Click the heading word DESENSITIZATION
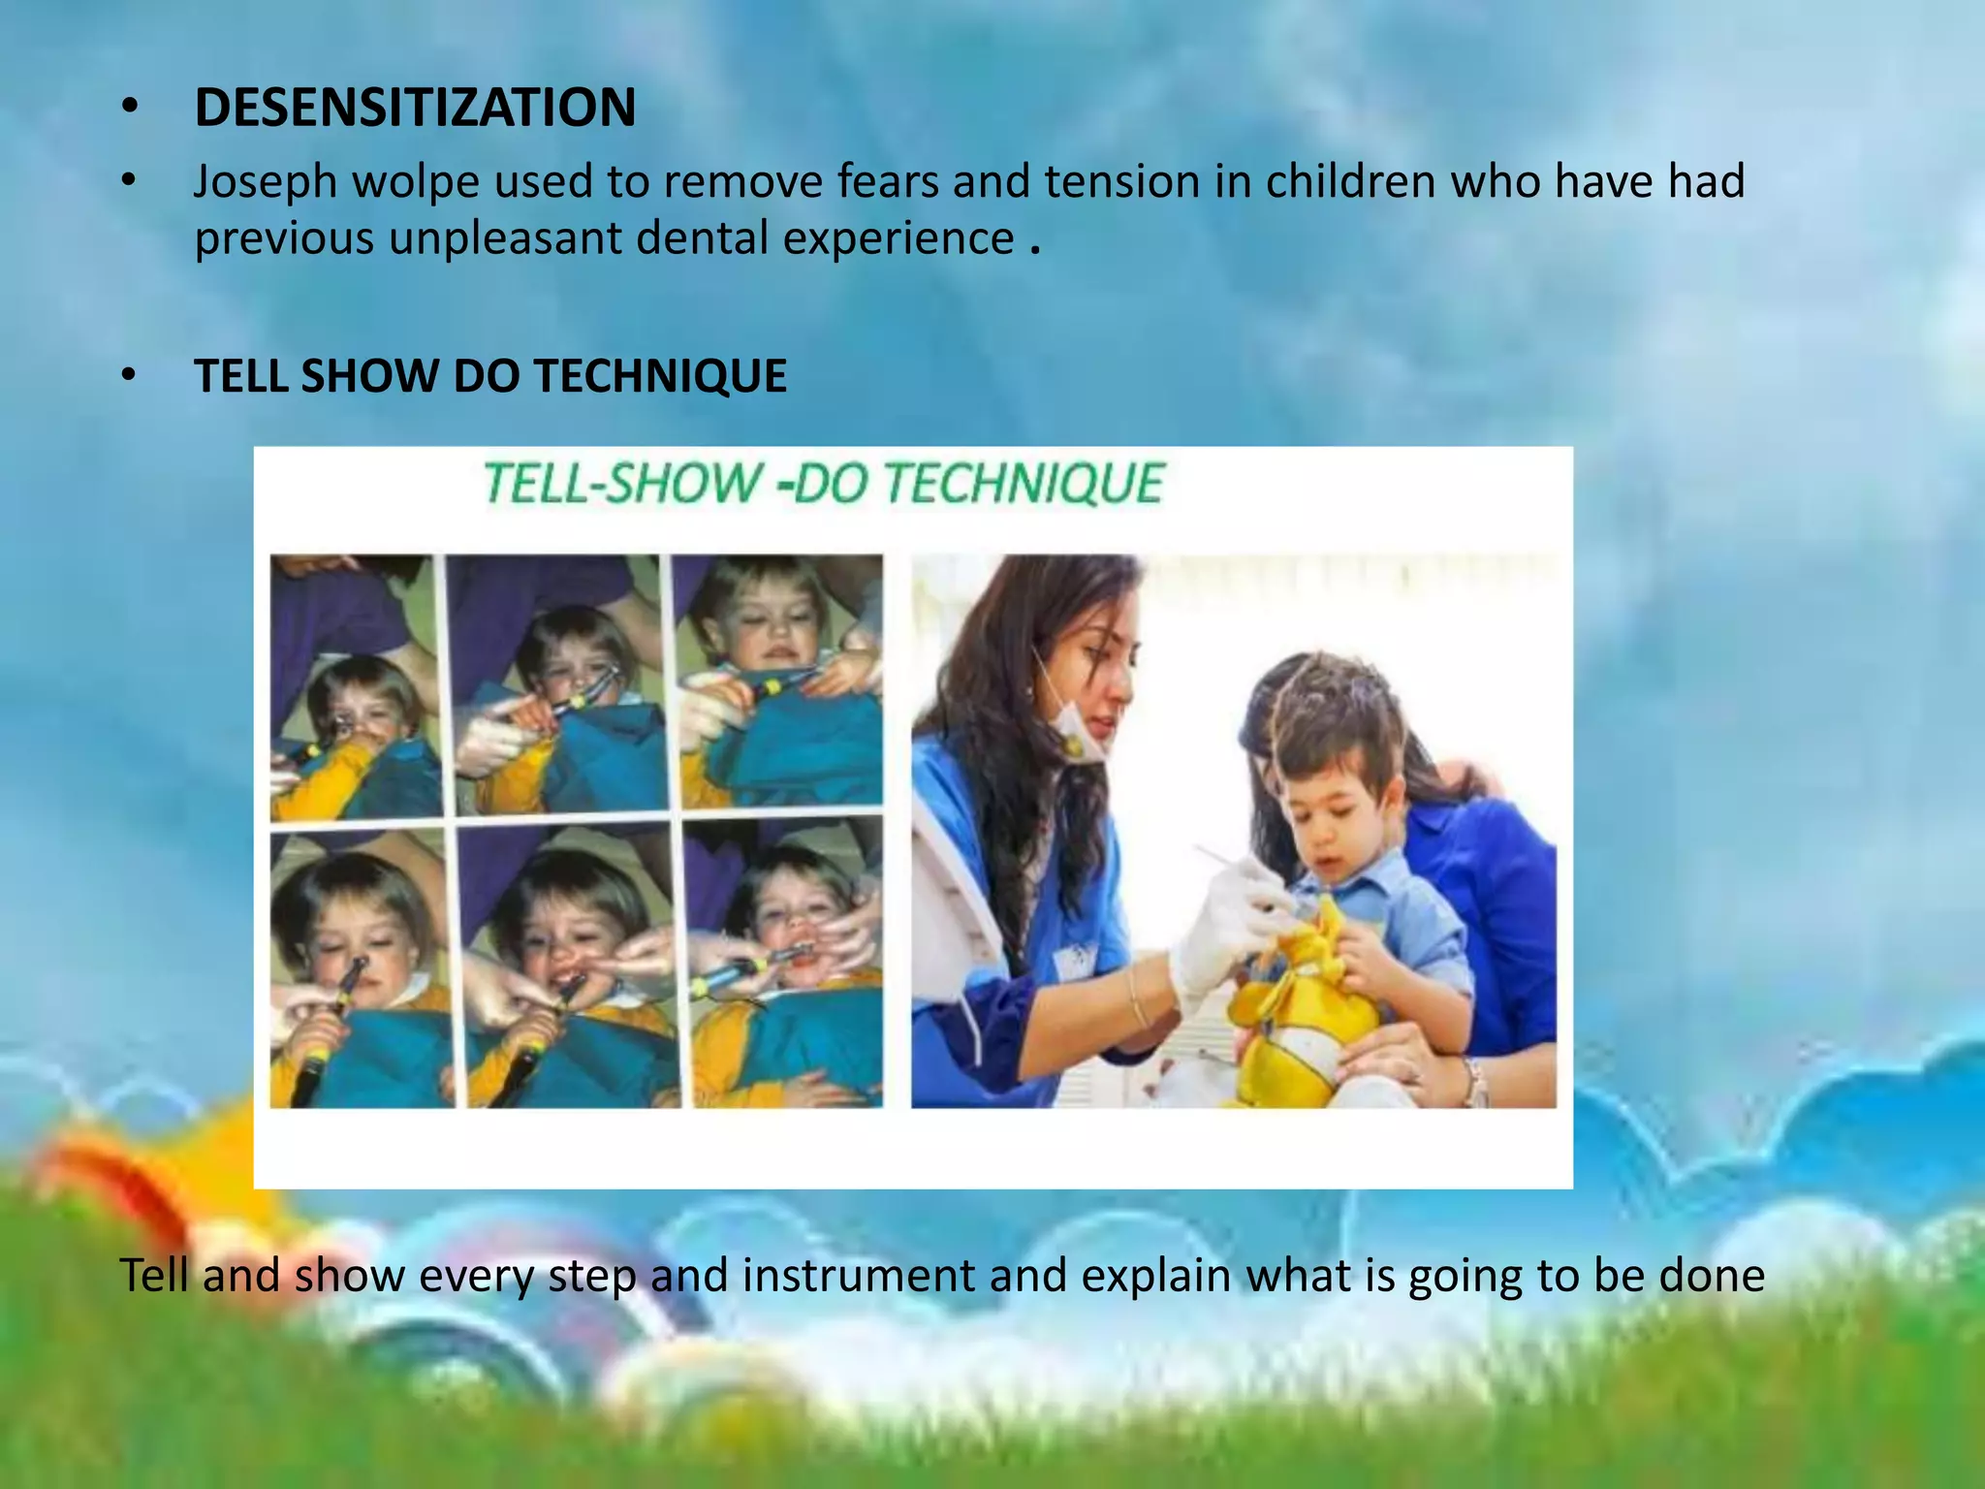pos(415,108)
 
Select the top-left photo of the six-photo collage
pos(353,687)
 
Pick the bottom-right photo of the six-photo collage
pos(783,963)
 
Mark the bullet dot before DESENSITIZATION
pos(130,109)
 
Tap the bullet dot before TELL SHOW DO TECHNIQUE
pos(130,376)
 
